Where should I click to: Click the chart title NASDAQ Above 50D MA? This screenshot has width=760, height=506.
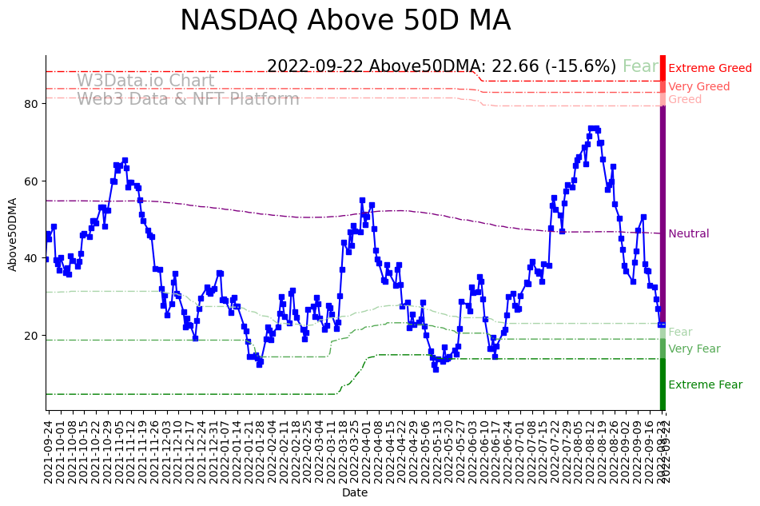[344, 21]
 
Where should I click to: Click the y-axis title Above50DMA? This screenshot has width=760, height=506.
[13, 233]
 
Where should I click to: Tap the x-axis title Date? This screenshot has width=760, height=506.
[355, 493]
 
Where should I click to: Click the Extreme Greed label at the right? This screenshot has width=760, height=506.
[710, 69]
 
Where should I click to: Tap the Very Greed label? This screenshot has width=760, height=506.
[698, 87]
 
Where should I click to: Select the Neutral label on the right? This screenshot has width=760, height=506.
[688, 234]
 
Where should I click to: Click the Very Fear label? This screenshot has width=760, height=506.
[694, 349]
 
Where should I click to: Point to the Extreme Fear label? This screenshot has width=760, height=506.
[705, 385]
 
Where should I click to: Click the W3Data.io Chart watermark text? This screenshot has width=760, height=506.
[145, 81]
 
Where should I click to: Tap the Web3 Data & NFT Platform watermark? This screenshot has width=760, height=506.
[188, 99]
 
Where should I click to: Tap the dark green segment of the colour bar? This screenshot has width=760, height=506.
[663, 384]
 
